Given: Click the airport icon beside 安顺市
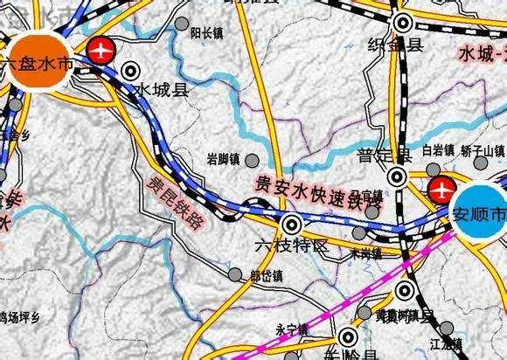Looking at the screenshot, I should pos(441,187).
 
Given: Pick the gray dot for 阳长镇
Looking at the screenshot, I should pos(181,26).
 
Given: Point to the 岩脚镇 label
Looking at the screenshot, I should pos(224,158).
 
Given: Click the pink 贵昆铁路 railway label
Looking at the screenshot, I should pos(173,201).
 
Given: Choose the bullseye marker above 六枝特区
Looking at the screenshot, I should pos(292,224).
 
